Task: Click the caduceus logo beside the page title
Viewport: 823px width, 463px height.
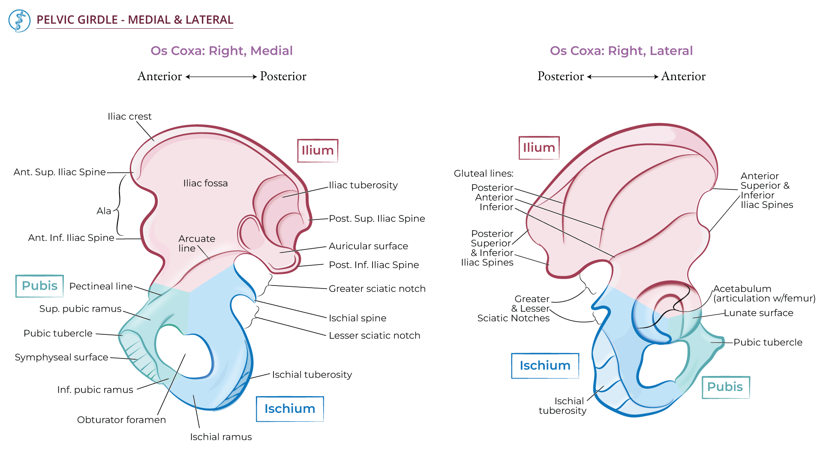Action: [x=19, y=21]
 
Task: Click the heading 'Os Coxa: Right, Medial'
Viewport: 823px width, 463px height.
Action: [x=221, y=51]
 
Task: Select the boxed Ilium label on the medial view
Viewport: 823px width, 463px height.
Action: [x=318, y=150]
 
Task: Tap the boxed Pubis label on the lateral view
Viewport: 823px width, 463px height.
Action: [x=725, y=387]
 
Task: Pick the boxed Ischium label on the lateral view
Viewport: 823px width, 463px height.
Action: [x=545, y=366]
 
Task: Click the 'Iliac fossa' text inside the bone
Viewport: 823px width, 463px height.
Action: [x=205, y=183]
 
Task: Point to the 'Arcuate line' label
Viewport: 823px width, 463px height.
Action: [x=196, y=243]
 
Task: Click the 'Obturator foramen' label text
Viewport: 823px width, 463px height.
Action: [x=121, y=420]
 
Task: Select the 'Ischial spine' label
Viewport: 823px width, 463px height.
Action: [x=357, y=318]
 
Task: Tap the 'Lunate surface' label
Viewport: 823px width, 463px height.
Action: [x=758, y=313]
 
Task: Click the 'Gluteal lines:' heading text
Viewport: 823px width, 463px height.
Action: [x=483, y=173]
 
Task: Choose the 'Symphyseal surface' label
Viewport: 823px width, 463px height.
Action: [x=61, y=357]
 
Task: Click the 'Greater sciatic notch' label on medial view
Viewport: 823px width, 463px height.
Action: [x=377, y=289]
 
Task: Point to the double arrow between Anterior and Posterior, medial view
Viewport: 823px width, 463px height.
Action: [x=221, y=77]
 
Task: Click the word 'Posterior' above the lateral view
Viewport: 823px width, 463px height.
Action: [x=560, y=76]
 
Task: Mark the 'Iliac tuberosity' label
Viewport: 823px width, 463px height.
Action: [x=363, y=185]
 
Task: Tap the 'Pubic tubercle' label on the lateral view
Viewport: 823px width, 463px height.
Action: [x=767, y=342]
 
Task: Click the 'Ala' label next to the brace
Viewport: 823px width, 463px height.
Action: [x=104, y=211]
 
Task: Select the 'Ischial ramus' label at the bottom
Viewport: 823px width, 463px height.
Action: [x=221, y=437]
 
